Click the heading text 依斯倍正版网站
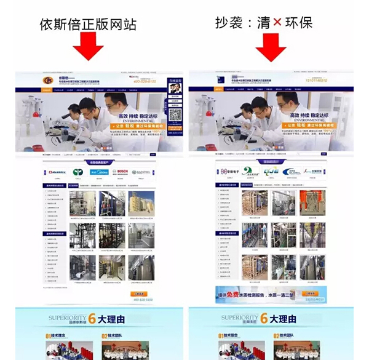click(87, 24)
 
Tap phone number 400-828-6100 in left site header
click(146, 81)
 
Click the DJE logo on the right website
click(269, 172)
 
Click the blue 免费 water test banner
click(271, 294)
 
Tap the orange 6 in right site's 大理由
click(263, 319)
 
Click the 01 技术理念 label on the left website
click(57, 337)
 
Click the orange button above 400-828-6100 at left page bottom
click(140, 294)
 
